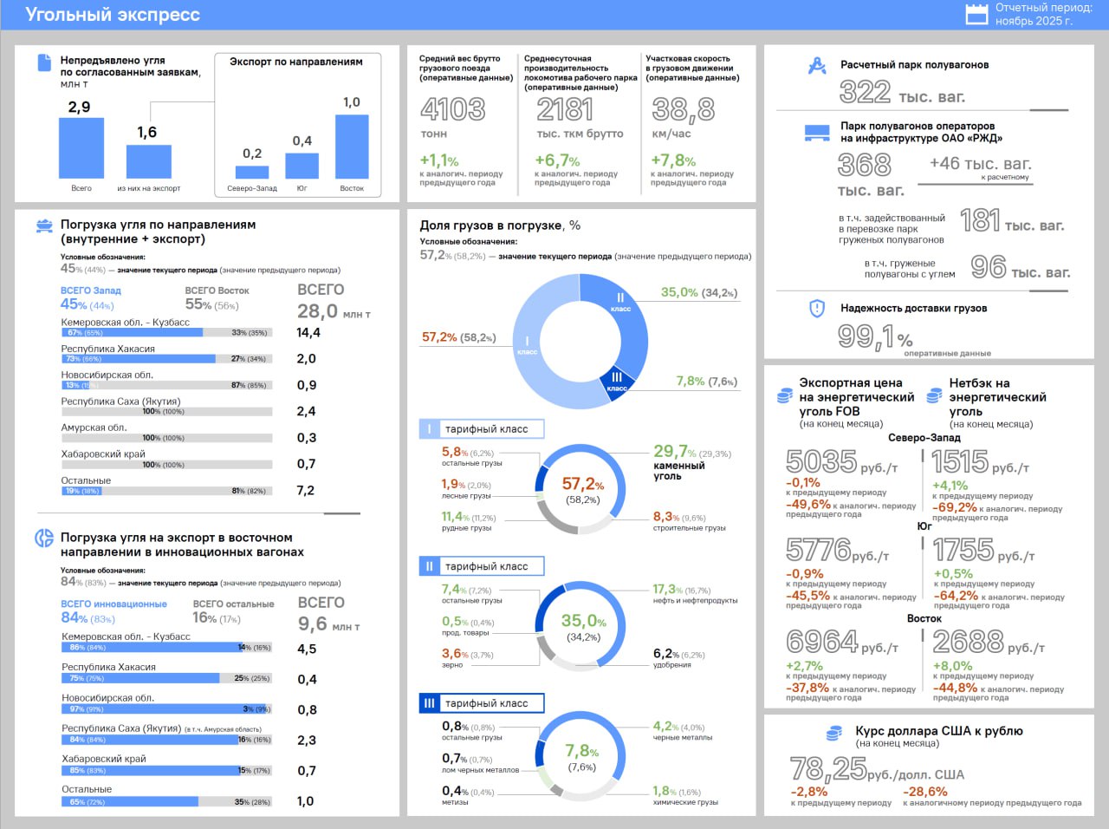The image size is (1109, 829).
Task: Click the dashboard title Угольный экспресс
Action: pyautogui.click(x=113, y=15)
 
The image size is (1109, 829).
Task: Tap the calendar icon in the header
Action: pyautogui.click(x=976, y=14)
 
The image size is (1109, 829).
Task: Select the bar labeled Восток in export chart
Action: pyautogui.click(x=352, y=147)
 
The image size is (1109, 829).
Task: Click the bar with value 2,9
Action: pyautogui.click(x=81, y=148)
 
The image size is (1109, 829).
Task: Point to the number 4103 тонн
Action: pyautogui.click(x=452, y=109)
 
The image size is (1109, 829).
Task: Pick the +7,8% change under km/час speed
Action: pyautogui.click(x=673, y=160)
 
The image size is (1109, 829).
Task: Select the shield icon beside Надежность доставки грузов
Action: pyautogui.click(x=816, y=308)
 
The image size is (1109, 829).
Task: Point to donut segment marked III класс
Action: pyautogui.click(x=617, y=381)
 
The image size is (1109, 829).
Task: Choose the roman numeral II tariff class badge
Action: pyautogui.click(x=429, y=566)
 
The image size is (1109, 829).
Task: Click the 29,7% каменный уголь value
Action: pyautogui.click(x=675, y=452)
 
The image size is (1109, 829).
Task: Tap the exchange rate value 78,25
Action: pyautogui.click(x=828, y=768)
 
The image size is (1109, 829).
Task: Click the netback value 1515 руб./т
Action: pyautogui.click(x=960, y=461)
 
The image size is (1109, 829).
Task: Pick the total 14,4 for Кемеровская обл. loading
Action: pyautogui.click(x=308, y=333)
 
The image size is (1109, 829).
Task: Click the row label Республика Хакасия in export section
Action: pyautogui.click(x=108, y=667)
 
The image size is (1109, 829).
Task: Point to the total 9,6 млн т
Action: pyautogui.click(x=313, y=623)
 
